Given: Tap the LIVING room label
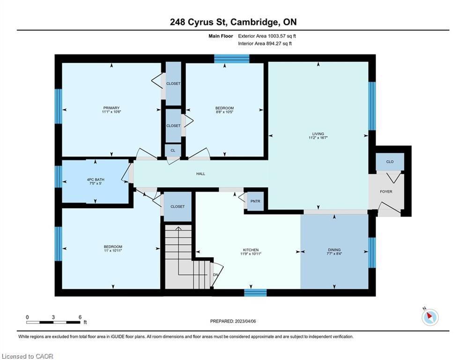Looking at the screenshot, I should (318, 134).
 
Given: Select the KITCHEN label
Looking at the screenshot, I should (251, 250).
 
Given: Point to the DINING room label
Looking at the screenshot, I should (334, 250).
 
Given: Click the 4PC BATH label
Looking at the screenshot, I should (96, 180).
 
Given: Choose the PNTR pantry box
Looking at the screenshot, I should (256, 202).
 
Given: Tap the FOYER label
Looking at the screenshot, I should (386, 192).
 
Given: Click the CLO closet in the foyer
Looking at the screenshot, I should (390, 162).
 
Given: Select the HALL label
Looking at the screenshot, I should (200, 174).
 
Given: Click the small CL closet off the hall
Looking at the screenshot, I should (173, 150).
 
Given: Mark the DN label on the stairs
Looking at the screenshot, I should (215, 275).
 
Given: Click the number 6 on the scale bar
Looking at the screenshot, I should (80, 317).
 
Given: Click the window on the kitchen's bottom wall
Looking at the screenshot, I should (255, 293).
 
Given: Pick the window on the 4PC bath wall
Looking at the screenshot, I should (59, 177).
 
